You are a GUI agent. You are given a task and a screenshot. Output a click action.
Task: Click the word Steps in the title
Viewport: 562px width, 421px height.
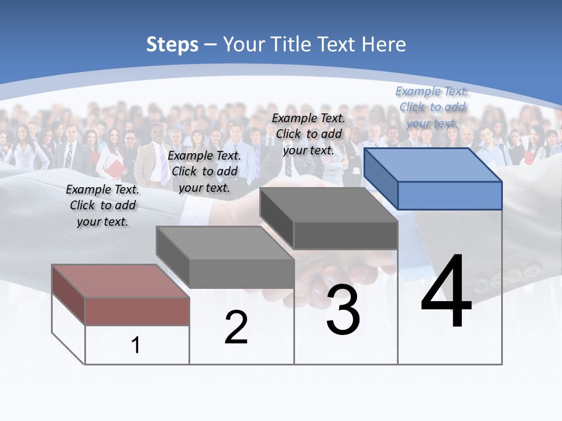click(x=172, y=44)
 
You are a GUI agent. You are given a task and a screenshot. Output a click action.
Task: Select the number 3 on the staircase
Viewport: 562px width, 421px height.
click(x=343, y=310)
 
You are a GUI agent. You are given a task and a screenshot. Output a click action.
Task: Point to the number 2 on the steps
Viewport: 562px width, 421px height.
click(x=236, y=327)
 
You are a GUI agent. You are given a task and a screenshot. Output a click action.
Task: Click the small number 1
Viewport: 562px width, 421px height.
click(x=135, y=345)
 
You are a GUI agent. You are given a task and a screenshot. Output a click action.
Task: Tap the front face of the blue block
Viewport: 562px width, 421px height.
click(x=450, y=195)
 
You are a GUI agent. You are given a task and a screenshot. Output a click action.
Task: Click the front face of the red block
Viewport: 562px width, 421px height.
click(x=137, y=311)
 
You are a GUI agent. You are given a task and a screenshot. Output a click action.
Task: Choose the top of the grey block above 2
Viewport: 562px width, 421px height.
click(x=225, y=243)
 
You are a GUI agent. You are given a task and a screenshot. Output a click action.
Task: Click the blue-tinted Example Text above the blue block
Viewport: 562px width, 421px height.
click(x=432, y=107)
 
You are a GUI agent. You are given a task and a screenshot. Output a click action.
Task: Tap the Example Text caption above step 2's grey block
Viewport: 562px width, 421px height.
click(x=204, y=171)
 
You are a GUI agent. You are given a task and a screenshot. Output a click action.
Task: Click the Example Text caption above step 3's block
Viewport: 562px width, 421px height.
click(x=309, y=134)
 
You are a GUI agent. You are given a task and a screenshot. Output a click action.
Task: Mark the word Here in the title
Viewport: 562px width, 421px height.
click(x=384, y=44)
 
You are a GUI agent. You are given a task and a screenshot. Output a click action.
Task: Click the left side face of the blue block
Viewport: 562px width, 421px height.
click(x=381, y=178)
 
